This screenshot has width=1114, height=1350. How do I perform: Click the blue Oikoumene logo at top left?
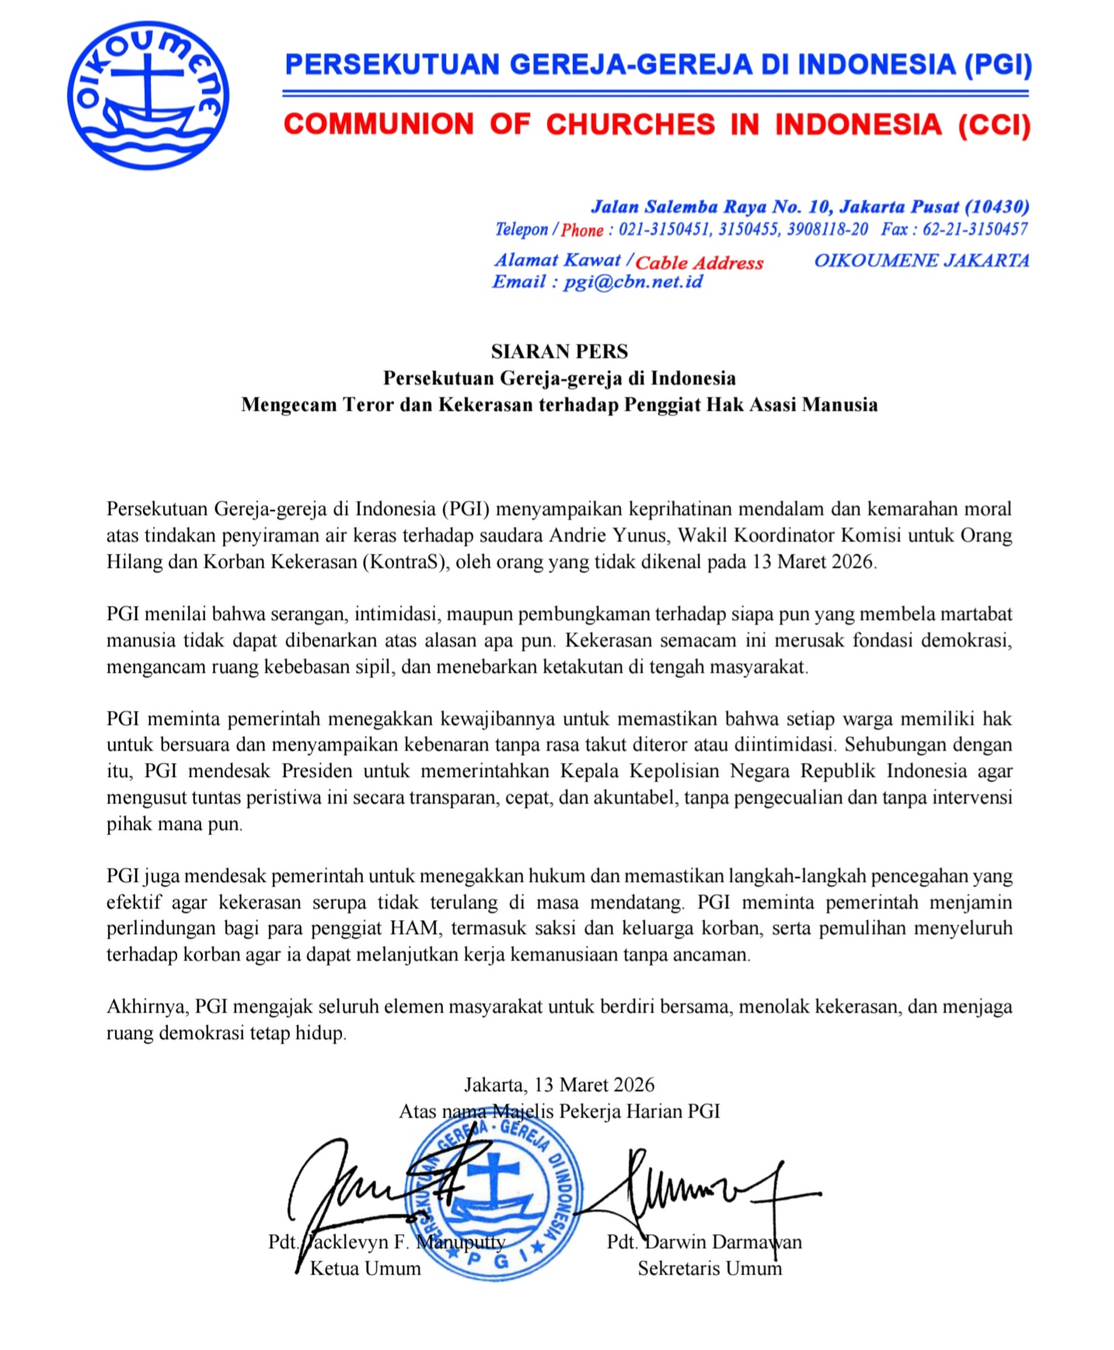tap(148, 96)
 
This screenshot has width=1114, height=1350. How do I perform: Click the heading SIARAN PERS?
tap(559, 351)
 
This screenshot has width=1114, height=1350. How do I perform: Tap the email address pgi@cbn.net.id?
tap(633, 282)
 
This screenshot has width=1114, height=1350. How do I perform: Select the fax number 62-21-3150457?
tap(975, 229)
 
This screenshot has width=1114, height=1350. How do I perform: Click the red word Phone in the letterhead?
tap(582, 230)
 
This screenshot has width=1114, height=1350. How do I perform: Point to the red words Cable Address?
tap(700, 263)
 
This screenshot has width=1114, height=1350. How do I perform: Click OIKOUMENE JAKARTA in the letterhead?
tap(921, 261)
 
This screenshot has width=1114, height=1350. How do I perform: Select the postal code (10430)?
tap(997, 207)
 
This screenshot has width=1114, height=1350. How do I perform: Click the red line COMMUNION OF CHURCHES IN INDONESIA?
tap(657, 125)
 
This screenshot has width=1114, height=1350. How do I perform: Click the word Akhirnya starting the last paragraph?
tap(146, 1006)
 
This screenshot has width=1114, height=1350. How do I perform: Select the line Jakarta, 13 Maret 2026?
tap(559, 1085)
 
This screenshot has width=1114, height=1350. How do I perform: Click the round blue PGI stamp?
tap(493, 1198)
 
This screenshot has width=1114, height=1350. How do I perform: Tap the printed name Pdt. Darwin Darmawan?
tap(704, 1242)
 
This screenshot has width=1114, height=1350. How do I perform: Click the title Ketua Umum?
tap(365, 1268)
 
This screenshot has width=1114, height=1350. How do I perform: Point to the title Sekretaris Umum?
tap(709, 1268)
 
